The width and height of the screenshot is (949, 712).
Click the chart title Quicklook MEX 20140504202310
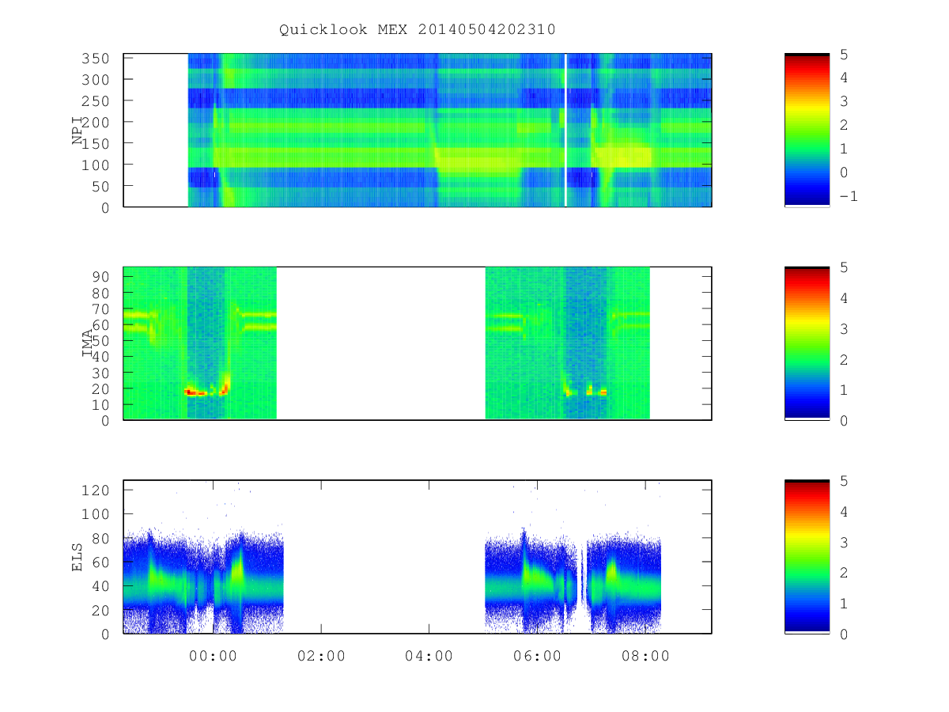(x=418, y=29)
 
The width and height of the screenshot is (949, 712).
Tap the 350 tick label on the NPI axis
(x=96, y=59)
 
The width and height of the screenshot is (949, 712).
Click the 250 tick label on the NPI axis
(x=96, y=101)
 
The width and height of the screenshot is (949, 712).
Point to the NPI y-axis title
(x=77, y=130)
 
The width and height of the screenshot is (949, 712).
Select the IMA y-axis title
(x=87, y=343)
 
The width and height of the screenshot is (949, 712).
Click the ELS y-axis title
(x=77, y=558)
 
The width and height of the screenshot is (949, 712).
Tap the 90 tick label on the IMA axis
(x=100, y=277)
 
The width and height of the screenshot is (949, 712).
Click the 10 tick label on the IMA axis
(x=100, y=405)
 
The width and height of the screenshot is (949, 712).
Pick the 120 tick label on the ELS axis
(x=96, y=490)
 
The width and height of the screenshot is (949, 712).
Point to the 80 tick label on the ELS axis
(x=100, y=539)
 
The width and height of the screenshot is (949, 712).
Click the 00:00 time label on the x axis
(x=214, y=656)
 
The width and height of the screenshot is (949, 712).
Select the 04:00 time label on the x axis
(x=429, y=656)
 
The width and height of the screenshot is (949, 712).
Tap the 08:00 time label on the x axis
(x=645, y=656)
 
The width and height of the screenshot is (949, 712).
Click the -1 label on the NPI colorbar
(x=849, y=196)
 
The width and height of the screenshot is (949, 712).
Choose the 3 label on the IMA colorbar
(x=844, y=329)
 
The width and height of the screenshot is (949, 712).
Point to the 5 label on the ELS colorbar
(x=844, y=481)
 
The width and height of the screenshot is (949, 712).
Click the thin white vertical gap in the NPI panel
(x=565, y=130)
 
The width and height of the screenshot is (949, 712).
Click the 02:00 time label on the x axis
(x=321, y=656)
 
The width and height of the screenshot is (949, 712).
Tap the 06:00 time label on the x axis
(x=537, y=656)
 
